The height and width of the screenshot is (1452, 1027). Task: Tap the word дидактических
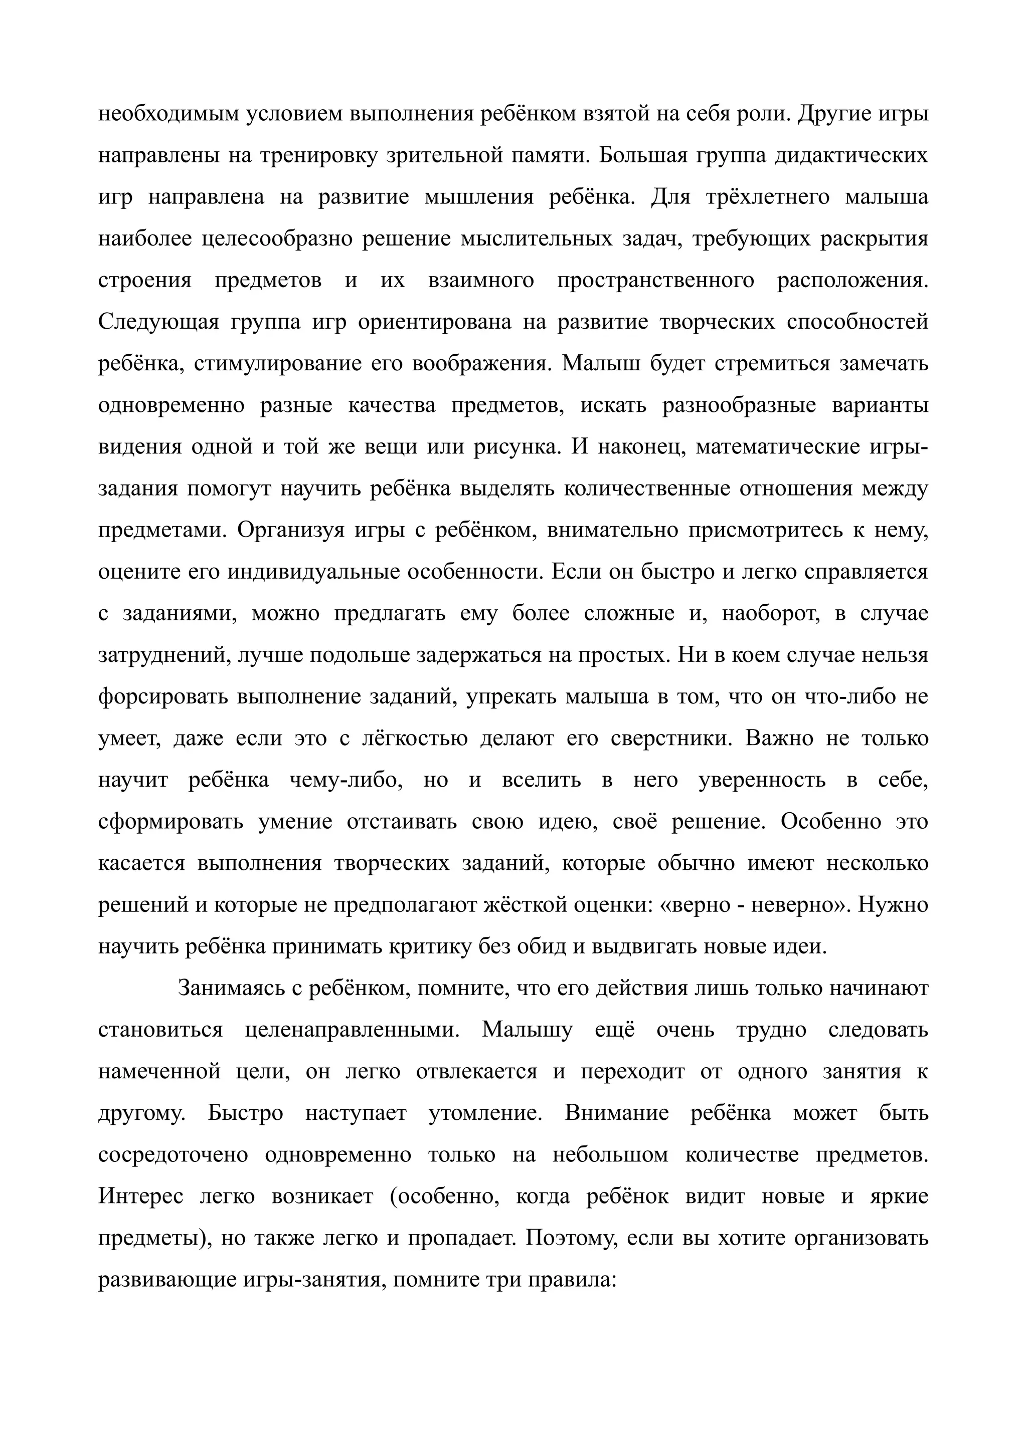coord(851,155)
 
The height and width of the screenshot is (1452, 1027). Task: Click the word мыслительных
coord(537,239)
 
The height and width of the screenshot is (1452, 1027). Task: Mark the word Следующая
coord(158,322)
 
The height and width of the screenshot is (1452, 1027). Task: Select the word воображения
coord(480,364)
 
